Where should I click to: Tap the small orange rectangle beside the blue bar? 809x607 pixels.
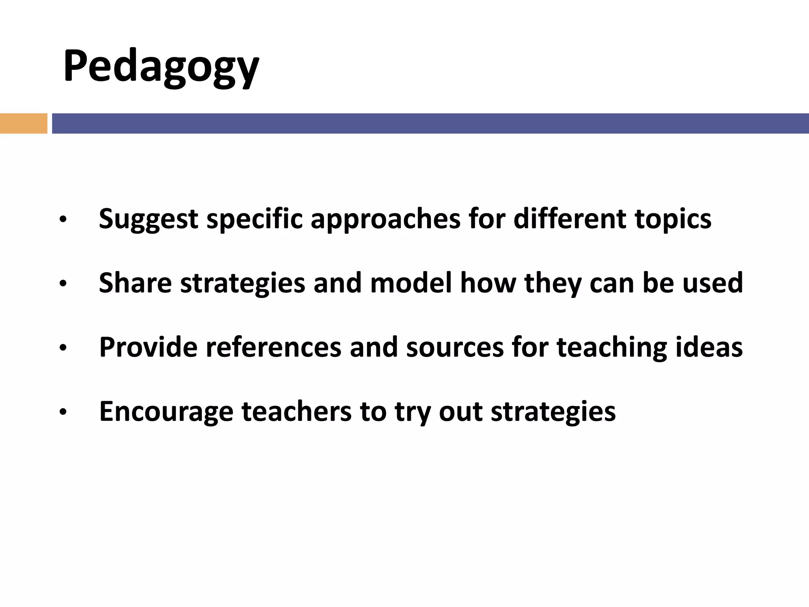point(23,123)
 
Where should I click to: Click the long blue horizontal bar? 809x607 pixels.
point(430,123)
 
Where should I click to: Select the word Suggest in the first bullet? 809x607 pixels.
point(148,219)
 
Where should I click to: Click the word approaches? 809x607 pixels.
point(385,219)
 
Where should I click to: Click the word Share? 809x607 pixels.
point(135,283)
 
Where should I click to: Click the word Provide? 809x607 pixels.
point(148,347)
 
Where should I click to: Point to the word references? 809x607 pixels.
point(273,347)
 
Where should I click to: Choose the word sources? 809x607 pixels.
point(454,347)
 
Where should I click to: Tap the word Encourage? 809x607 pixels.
point(166,412)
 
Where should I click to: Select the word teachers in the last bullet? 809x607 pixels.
point(296,411)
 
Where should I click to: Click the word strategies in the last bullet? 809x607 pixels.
point(553,412)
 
